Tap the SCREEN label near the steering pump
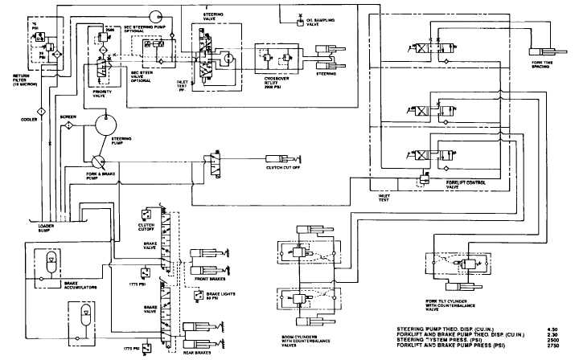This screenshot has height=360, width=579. tap(69, 117)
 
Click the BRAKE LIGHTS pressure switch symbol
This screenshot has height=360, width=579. tap(190, 295)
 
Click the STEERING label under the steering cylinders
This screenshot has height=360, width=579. tap(326, 73)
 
